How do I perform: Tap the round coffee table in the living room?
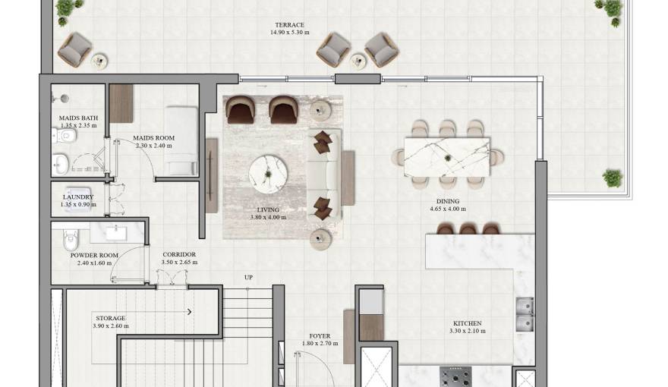coord(269,171)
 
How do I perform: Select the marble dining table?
coord(447,155)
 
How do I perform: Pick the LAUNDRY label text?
coord(78,197)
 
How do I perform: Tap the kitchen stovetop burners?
coord(455,376)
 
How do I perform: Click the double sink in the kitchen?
coord(524,314)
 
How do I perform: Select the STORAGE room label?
coord(110,318)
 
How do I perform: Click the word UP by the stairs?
coord(248,277)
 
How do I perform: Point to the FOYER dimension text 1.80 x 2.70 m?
coord(320,344)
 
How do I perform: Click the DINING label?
coord(447,202)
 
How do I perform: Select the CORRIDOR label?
coord(179,254)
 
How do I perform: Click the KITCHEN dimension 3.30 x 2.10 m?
coord(465,332)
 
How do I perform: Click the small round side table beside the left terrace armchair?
coord(99,60)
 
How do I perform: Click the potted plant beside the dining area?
coord(613,179)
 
